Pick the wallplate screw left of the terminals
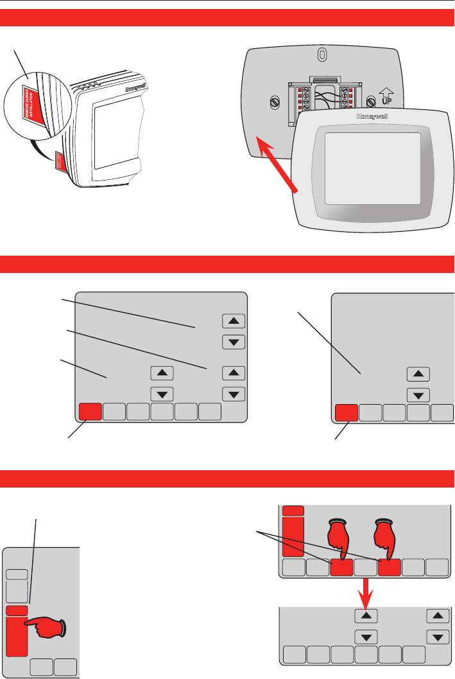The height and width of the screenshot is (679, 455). pyautogui.click(x=274, y=101)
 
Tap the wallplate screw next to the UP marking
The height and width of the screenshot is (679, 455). pyautogui.click(x=370, y=101)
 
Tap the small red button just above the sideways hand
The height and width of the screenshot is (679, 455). pyautogui.click(x=16, y=611)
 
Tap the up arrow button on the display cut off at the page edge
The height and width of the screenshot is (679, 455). pyautogui.click(x=418, y=374)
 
